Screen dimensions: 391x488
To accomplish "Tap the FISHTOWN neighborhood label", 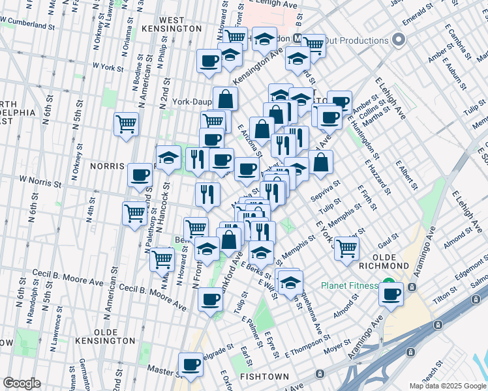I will [x=262, y=377].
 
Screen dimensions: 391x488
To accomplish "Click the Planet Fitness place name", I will [x=348, y=286].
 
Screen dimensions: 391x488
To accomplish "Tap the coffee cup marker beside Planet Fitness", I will [x=391, y=295].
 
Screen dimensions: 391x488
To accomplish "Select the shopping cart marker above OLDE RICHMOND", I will [x=346, y=248].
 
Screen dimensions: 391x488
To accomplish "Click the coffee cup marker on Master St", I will [x=191, y=364].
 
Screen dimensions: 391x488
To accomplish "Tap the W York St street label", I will [x=108, y=66].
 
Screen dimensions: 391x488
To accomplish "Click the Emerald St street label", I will [x=417, y=14].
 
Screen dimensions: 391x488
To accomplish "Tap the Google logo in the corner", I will [x=22, y=383].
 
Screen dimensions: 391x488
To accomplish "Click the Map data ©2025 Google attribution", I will [x=447, y=386].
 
